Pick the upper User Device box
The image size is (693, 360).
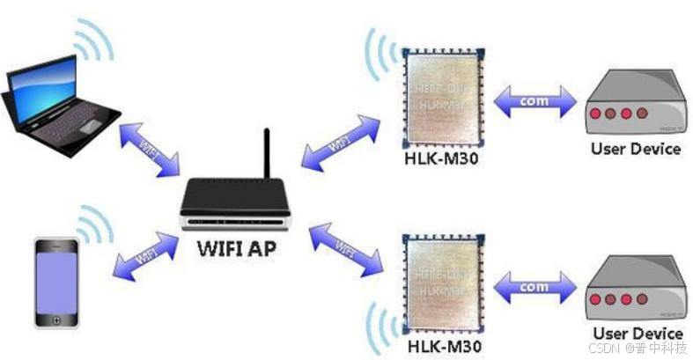click(635, 104)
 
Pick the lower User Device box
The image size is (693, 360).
click(635, 290)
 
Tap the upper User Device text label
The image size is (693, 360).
click(636, 148)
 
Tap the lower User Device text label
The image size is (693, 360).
click(638, 334)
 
